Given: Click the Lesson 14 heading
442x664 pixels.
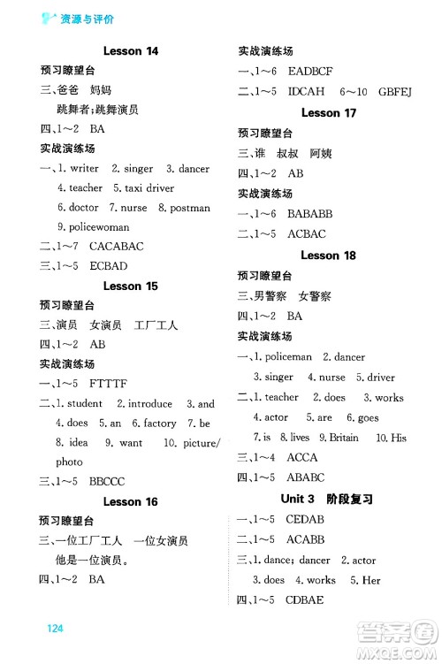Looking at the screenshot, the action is point(131,51).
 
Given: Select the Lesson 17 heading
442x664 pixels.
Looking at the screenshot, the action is point(328,112).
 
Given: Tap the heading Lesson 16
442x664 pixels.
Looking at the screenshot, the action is point(131,501).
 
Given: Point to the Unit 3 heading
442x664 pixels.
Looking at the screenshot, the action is point(329,499).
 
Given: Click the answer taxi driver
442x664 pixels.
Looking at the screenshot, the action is point(149,187).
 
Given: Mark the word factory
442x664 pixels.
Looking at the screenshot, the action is point(160,423).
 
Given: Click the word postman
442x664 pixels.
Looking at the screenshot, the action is point(190,208).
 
